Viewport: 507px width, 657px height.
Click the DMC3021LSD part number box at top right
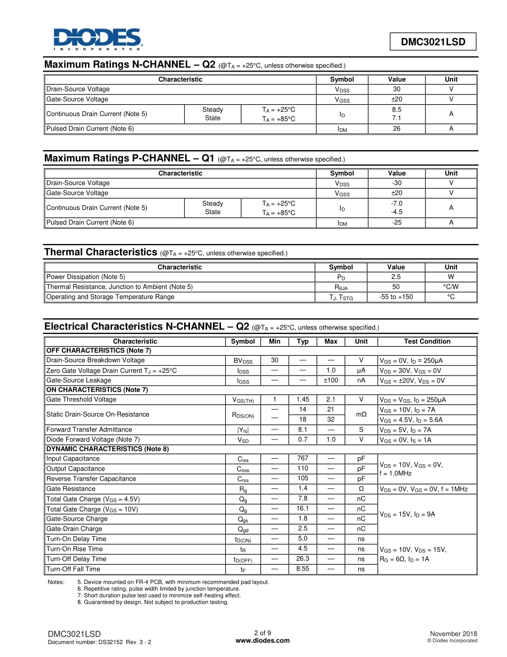pos(433,42)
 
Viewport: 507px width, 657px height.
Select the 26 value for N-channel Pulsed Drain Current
pos(397,129)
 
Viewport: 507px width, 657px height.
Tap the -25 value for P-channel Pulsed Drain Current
pos(397,223)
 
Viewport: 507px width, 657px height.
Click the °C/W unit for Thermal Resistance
pos(451,287)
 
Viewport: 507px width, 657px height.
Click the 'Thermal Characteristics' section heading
pos(101,252)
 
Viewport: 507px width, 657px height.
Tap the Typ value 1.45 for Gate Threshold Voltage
pos(303,400)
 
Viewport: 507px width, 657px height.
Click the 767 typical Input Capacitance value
pos(303,458)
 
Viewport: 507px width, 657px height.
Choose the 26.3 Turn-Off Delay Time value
pos(303,559)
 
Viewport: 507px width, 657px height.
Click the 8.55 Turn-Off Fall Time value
pos(303,569)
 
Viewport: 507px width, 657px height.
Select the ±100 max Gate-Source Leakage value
pos(331,380)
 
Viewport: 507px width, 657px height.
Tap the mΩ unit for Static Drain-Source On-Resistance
pos(361,414)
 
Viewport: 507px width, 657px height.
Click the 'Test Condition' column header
pos(427,341)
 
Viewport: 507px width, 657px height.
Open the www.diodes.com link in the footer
pos(263,641)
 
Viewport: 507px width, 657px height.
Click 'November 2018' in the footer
pos(453,633)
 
